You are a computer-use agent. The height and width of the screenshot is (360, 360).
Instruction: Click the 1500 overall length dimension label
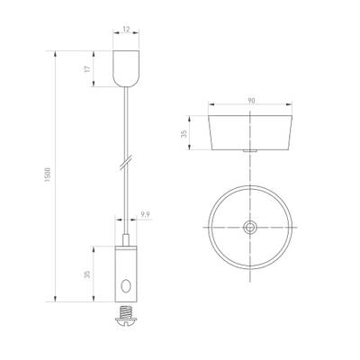(x=47, y=178)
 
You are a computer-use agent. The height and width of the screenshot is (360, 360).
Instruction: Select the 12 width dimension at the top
(x=127, y=31)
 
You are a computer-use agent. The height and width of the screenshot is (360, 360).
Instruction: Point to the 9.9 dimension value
(x=145, y=214)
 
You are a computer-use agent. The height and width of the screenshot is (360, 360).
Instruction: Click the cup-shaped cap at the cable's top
(x=127, y=69)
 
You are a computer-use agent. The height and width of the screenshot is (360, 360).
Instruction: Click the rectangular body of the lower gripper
(x=127, y=274)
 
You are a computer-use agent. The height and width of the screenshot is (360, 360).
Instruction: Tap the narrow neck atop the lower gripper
(x=127, y=238)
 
